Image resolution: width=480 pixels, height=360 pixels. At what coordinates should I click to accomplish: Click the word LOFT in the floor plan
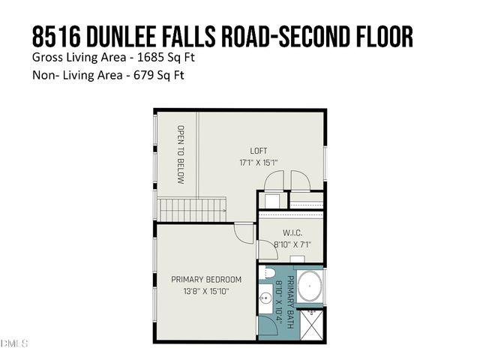(258, 151)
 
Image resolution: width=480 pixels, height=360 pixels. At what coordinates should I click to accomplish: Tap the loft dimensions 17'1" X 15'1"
(258, 161)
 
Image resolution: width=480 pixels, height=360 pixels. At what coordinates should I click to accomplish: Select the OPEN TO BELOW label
(180, 154)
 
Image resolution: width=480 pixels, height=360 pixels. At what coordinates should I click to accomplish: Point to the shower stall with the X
(310, 323)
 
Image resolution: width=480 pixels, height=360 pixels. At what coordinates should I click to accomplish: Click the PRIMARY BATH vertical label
(286, 301)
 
